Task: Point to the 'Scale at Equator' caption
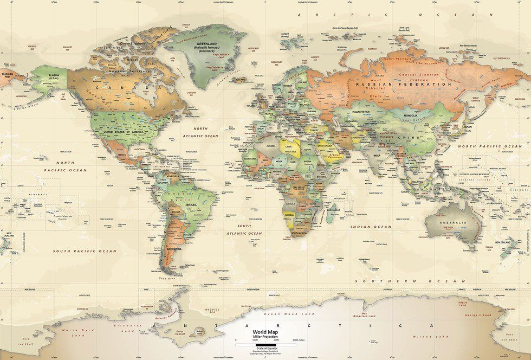coord(265,348)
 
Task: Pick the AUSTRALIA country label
coord(453,222)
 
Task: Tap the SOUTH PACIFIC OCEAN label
coord(85,252)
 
